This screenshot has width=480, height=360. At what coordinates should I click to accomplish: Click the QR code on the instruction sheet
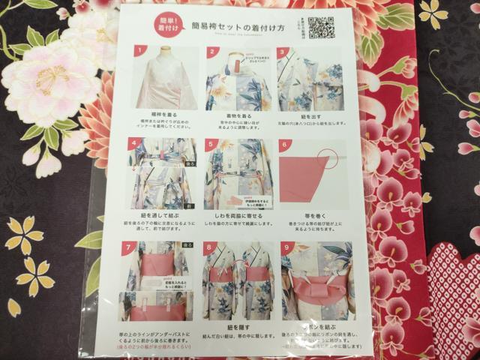[x=320, y=27]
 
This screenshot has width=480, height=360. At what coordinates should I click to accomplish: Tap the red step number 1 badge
[x=139, y=52]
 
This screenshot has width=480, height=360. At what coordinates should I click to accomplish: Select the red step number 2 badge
[x=212, y=52]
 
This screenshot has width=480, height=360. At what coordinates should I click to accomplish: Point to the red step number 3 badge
[x=283, y=53]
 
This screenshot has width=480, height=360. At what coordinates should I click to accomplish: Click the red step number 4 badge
[x=134, y=142]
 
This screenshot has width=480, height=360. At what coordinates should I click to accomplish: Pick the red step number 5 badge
[x=209, y=143]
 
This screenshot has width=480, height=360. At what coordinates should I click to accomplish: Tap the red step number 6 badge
[x=283, y=144]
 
